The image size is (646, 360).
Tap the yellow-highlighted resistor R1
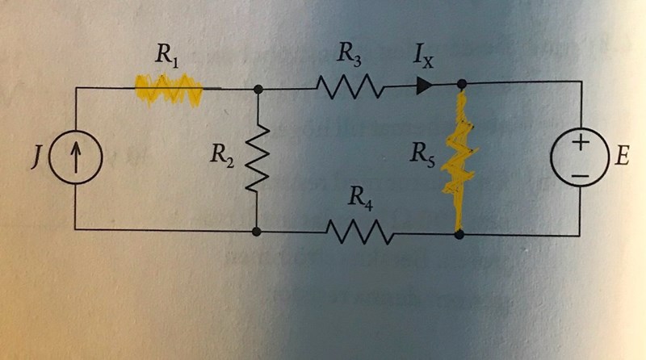pyautogui.click(x=168, y=85)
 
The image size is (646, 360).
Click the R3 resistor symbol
pyautogui.click(x=349, y=85)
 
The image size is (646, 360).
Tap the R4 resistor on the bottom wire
pyautogui.click(x=360, y=232)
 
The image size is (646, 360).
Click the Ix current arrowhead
pyautogui.click(x=424, y=85)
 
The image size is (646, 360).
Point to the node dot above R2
pyautogui.click(x=256, y=90)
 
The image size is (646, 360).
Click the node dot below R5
pyautogui.click(x=459, y=235)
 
